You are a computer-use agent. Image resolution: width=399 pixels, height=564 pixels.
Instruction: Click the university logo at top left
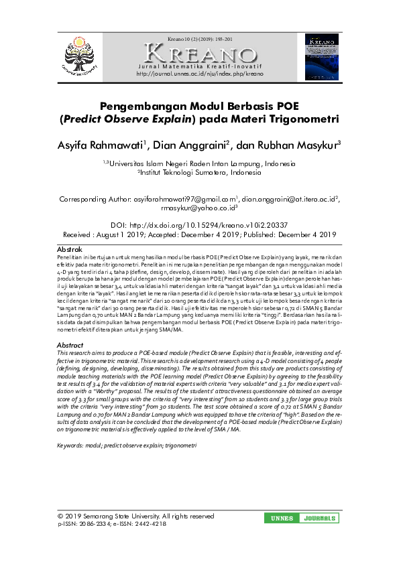(x=80, y=55)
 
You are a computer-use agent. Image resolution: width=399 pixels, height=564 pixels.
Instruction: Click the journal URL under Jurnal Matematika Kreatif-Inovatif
(x=199, y=74)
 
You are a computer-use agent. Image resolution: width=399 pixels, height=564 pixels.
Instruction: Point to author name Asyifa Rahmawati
(x=100, y=145)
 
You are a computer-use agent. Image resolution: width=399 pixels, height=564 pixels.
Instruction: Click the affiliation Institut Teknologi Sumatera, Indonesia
(x=199, y=172)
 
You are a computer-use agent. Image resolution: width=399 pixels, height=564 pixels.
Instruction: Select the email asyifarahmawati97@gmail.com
(x=186, y=199)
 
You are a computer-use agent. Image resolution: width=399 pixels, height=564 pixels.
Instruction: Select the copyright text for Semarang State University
(x=136, y=516)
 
